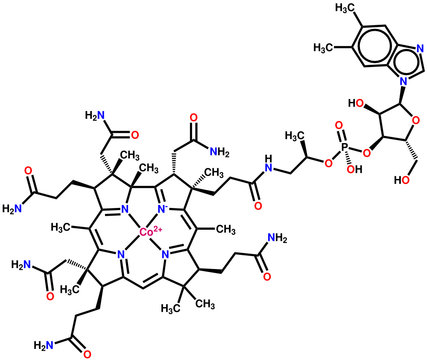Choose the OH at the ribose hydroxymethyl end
click(x=338, y=186)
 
